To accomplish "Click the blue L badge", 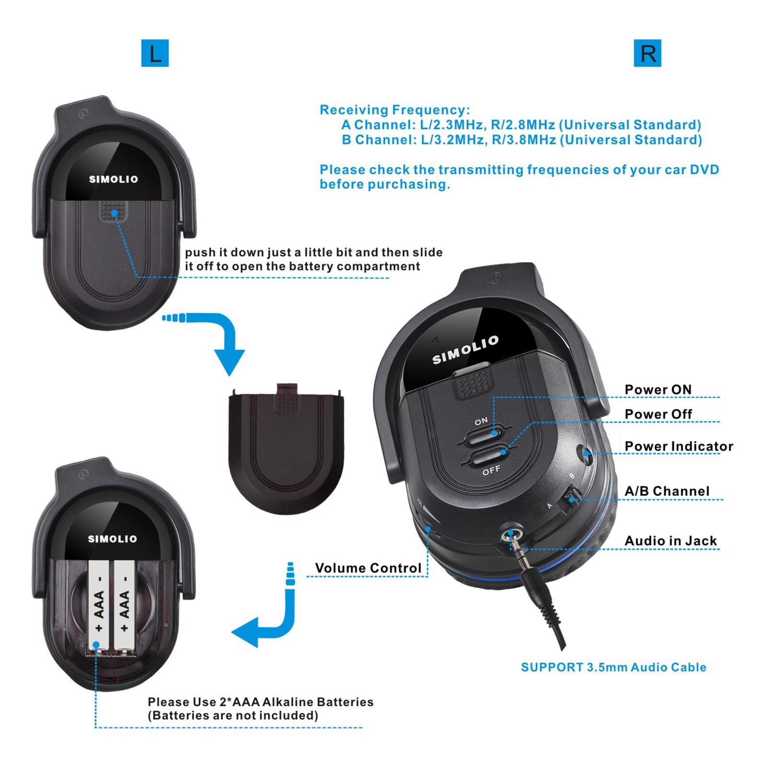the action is tap(155, 53).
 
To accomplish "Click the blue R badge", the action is tap(647, 53).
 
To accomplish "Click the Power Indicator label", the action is tap(679, 446).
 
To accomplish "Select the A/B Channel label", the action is tap(667, 491).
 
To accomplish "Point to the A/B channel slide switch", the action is tap(571, 499).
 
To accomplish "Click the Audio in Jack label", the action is tap(671, 541).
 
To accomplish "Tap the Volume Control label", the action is tap(368, 568).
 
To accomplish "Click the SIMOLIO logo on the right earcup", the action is tap(465, 350).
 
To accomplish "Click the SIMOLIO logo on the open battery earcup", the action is tap(113, 539).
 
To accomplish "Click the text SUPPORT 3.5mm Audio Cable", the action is tap(614, 667).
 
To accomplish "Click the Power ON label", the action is tap(658, 390).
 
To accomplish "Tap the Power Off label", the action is tap(658, 414).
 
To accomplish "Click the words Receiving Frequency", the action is tap(395, 110).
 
